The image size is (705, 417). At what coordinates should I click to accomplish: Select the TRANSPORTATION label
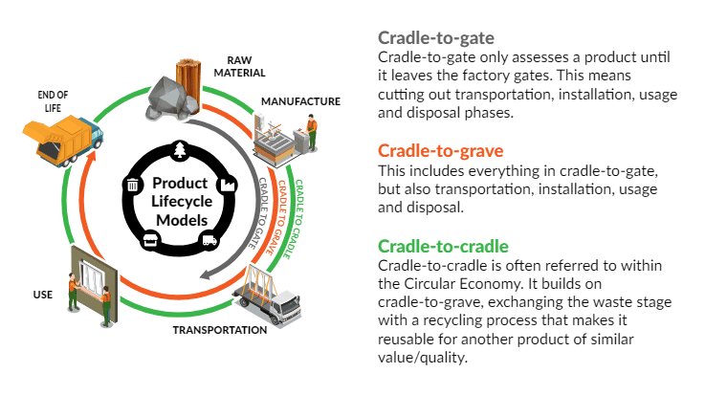tap(219, 330)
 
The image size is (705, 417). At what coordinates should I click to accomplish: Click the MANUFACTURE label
tap(301, 100)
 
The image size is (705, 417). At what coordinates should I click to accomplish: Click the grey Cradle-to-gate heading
tap(435, 38)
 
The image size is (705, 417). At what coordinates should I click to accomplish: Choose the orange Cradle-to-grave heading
tap(440, 151)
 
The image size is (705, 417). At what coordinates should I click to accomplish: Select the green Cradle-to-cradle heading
tap(442, 246)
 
